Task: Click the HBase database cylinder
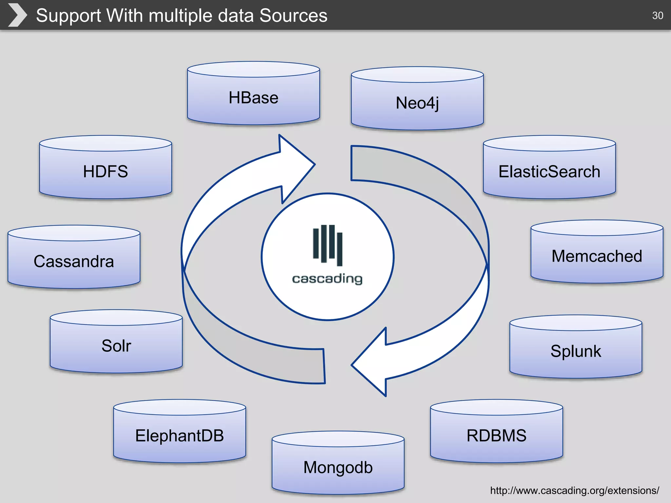click(253, 98)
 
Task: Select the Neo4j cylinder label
click(417, 103)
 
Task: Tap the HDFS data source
click(105, 171)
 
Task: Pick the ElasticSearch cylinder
click(549, 172)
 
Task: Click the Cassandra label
click(74, 261)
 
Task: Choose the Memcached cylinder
click(597, 256)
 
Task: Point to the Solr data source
click(116, 346)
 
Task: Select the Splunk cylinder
click(576, 351)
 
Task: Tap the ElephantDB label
click(180, 436)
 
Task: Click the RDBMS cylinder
click(496, 436)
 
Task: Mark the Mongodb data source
click(338, 467)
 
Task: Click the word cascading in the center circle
click(327, 279)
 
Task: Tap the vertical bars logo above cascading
click(327, 244)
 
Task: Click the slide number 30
click(658, 15)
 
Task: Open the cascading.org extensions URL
click(574, 490)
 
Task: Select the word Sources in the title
click(293, 15)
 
